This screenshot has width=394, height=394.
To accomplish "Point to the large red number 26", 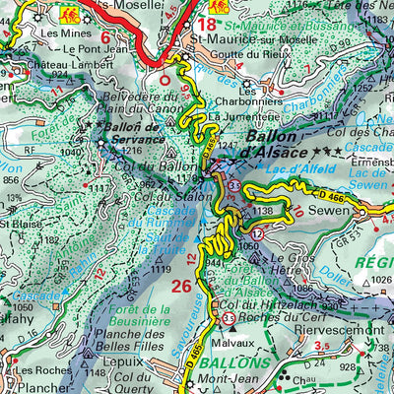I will [181, 287].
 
